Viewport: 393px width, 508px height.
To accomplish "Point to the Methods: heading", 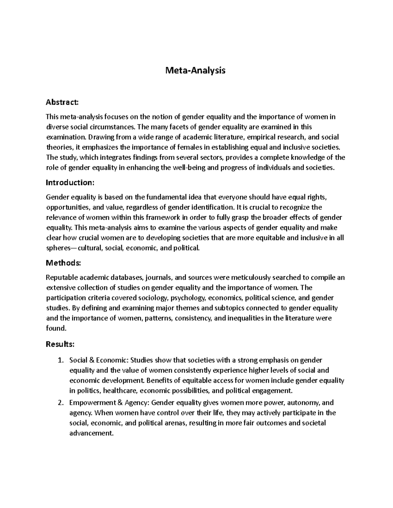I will click(x=63, y=263).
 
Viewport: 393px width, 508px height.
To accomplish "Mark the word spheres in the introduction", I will click(x=57, y=248).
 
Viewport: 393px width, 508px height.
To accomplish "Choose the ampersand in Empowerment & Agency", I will click(x=118, y=403).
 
